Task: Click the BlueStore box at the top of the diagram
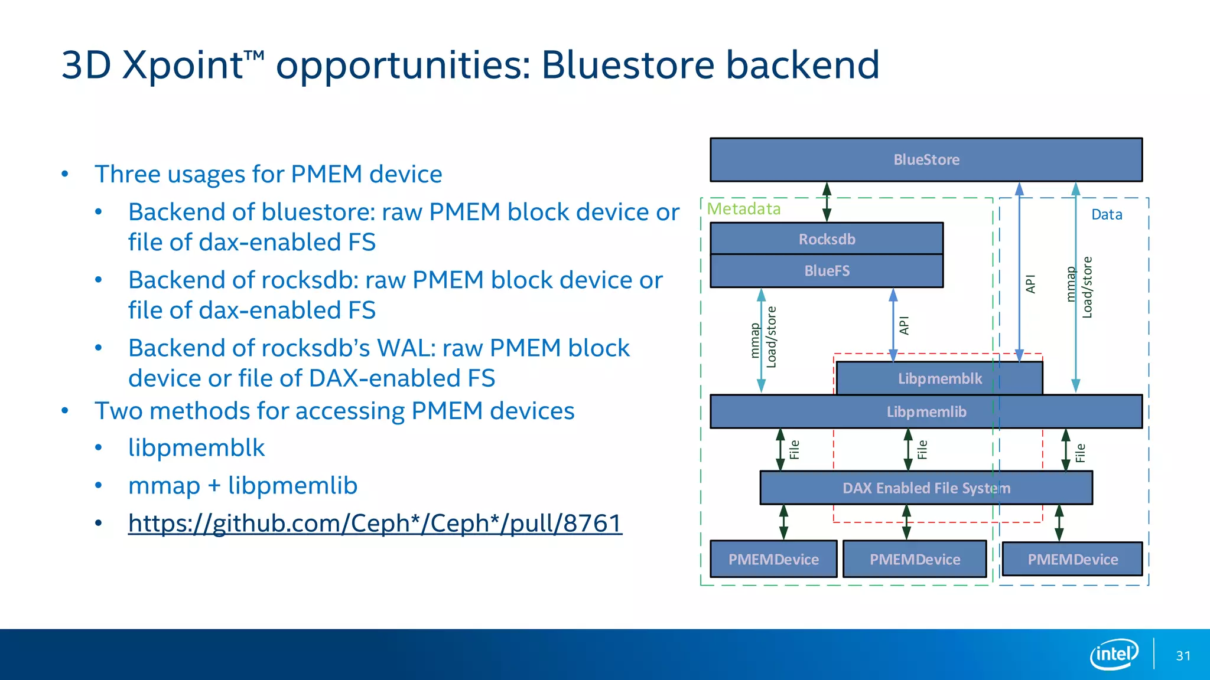click(926, 159)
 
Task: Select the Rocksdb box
click(827, 239)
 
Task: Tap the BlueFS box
click(827, 271)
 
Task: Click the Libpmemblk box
click(939, 378)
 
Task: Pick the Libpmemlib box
click(926, 411)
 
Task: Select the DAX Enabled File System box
click(926, 488)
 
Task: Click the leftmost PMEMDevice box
click(773, 559)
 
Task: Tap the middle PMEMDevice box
click(915, 559)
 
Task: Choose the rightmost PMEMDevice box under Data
click(1072, 559)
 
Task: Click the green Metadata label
click(744, 209)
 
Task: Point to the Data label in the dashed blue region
click(1107, 215)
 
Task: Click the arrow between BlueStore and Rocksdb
click(827, 202)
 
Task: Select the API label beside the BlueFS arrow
click(904, 325)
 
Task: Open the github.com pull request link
click(375, 523)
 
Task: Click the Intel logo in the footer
click(1114, 654)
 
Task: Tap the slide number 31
click(1183, 656)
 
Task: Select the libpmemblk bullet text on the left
click(196, 448)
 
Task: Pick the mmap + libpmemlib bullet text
click(243, 486)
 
